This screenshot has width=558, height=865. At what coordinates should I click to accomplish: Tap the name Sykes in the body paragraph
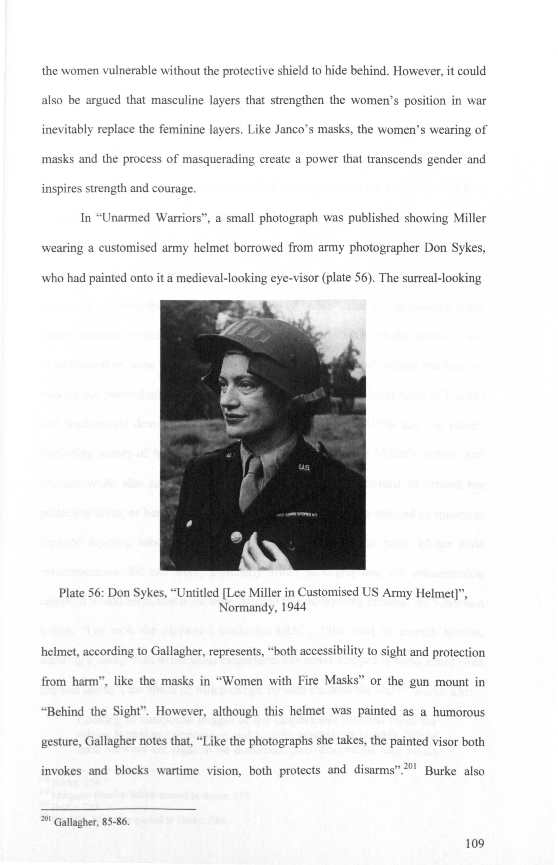pyautogui.click(x=467, y=248)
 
